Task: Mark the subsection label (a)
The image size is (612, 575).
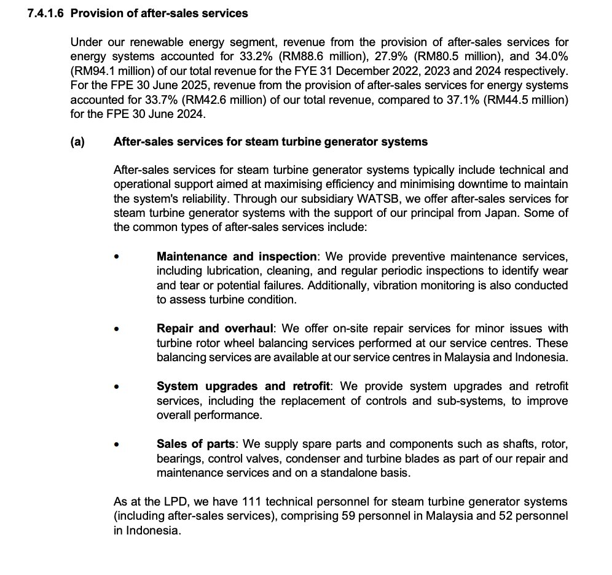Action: [77, 142]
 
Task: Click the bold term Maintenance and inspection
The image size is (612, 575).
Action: [237, 256]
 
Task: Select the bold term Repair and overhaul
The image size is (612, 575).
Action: [214, 329]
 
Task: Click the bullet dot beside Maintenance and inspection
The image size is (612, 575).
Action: [117, 256]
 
